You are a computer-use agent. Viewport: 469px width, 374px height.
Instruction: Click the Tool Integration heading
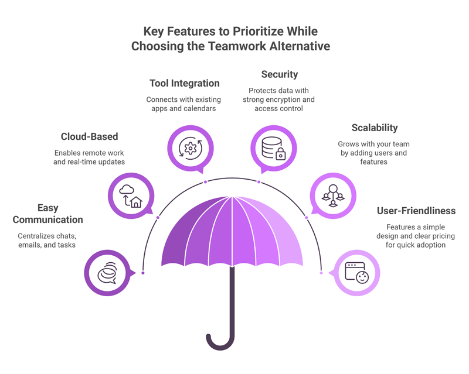click(185, 83)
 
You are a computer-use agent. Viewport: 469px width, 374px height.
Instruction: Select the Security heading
click(280, 74)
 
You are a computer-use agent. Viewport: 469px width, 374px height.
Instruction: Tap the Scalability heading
click(375, 128)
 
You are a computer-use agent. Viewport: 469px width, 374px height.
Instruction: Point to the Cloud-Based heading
click(90, 136)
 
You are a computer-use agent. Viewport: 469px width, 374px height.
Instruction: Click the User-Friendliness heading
click(416, 211)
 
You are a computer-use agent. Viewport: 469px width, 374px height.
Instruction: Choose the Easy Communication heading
click(48, 214)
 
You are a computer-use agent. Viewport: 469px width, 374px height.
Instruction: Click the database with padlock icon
click(273, 148)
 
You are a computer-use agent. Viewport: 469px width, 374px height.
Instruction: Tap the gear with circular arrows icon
click(191, 148)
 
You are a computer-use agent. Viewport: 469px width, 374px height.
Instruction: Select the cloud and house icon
click(131, 196)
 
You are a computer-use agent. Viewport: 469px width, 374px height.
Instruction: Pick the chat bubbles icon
click(107, 273)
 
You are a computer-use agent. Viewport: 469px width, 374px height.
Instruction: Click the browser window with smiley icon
click(357, 273)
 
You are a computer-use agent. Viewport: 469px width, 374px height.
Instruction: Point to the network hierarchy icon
click(333, 195)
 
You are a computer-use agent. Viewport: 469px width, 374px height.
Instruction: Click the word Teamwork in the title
click(237, 46)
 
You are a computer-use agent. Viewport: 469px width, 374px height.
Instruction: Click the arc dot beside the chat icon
click(143, 273)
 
